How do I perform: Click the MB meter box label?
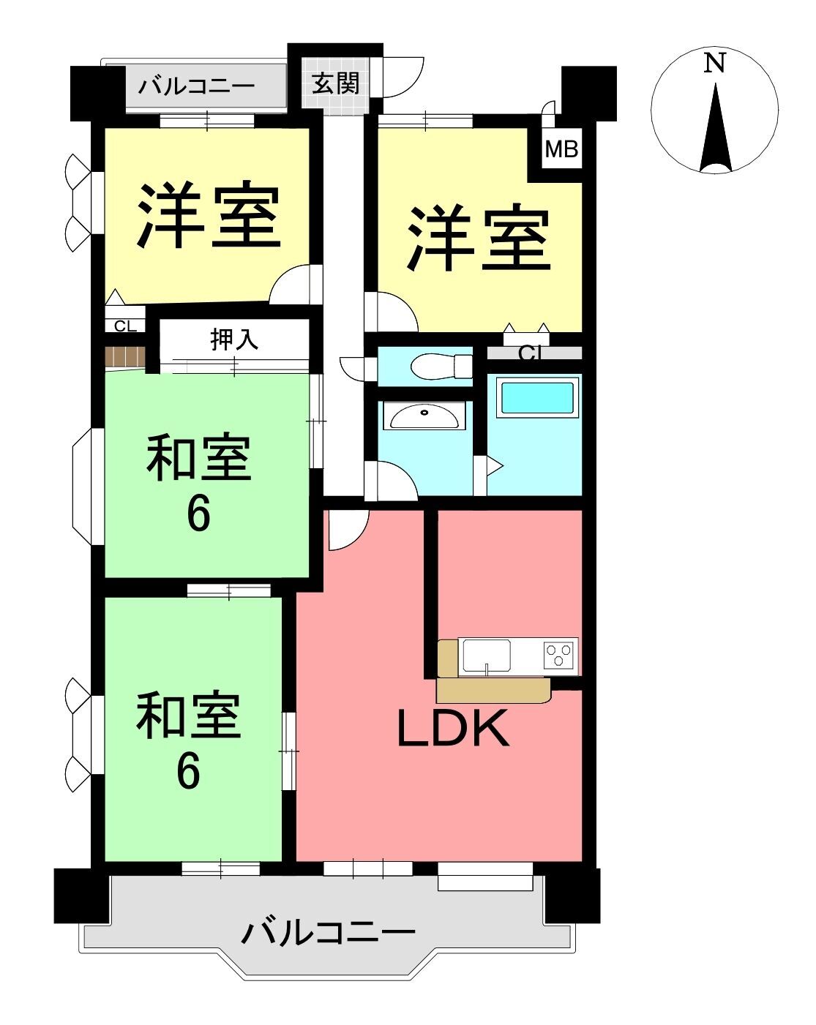point(561,149)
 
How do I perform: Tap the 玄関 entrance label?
point(335,84)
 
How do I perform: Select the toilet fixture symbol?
point(440,366)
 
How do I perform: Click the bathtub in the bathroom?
point(537,397)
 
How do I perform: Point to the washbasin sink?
point(424,416)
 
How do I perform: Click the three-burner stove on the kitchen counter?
point(560,655)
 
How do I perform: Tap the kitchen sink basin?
point(487,656)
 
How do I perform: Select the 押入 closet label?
point(234,339)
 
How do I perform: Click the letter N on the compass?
point(714,63)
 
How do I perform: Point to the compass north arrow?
point(716,127)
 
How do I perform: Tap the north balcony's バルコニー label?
point(196,86)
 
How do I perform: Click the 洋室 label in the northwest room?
point(209,214)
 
